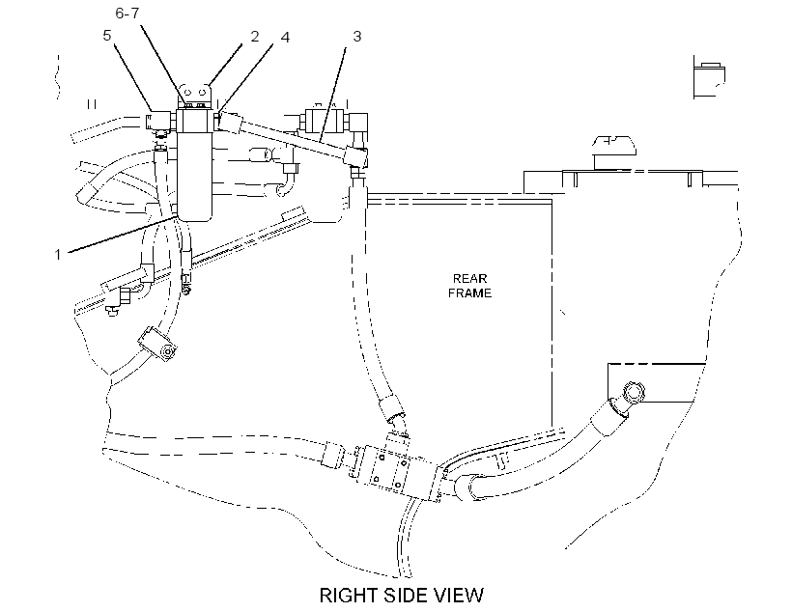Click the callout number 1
(58, 254)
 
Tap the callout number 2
(255, 37)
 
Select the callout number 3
(357, 37)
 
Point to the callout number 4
(285, 37)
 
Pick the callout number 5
(106, 36)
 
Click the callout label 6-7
(127, 13)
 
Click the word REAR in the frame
(469, 279)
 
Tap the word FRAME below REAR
(469, 292)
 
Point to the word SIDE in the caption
(406, 596)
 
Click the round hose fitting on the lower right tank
(634, 392)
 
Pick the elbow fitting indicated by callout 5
(160, 123)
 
